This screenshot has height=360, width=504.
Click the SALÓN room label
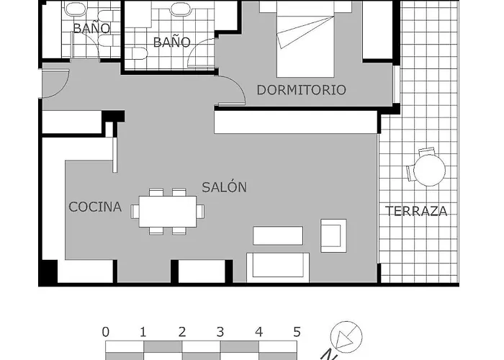[224, 187]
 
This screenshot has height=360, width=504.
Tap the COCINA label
[95, 207]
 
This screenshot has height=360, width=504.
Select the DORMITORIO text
[301, 90]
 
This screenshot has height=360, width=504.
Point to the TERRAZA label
[416, 211]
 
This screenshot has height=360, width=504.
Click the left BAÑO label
[91, 29]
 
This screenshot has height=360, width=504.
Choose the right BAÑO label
[172, 42]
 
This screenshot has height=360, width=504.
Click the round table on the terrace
[430, 171]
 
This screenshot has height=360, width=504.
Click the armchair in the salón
[333, 235]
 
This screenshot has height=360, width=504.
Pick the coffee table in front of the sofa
[278, 235]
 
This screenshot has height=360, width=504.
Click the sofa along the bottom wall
[278, 266]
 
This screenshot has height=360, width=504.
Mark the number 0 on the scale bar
[106, 332]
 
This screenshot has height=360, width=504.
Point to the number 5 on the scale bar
[297, 332]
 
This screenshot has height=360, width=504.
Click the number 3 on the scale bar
[220, 332]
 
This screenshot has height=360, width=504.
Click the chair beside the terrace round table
[426, 153]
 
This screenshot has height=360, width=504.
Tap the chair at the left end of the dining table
[136, 210]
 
